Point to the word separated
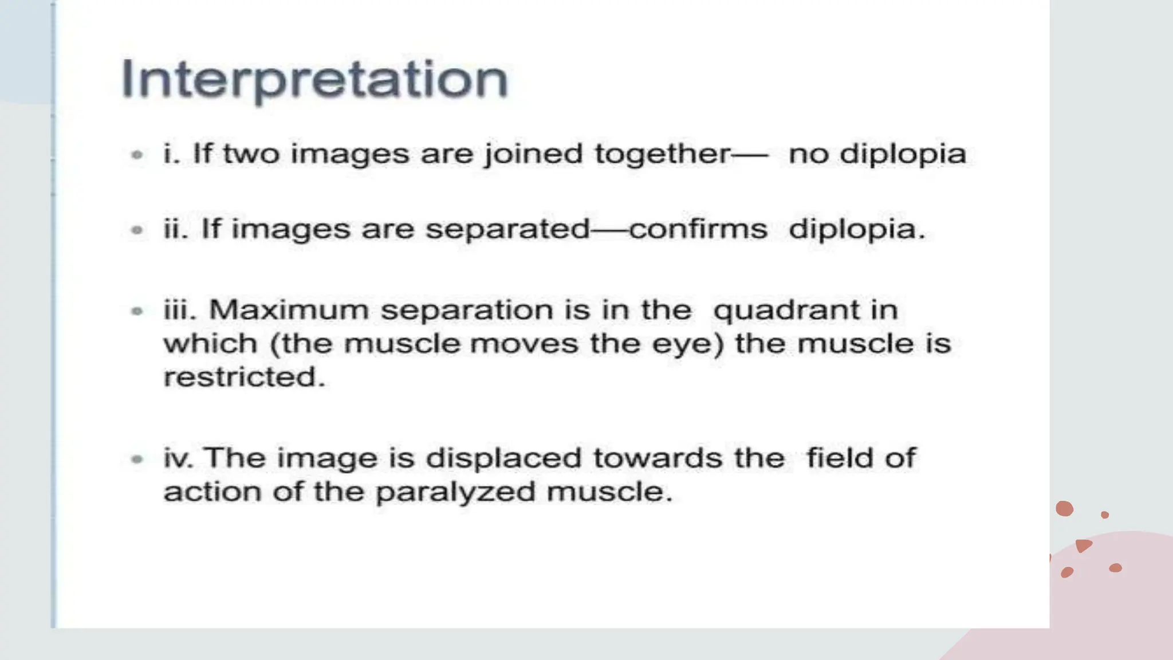(507, 229)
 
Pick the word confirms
(698, 229)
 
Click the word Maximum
(289, 310)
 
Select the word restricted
(244, 377)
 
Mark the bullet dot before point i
(137, 154)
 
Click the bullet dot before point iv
(137, 458)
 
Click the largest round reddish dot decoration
(1064, 508)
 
